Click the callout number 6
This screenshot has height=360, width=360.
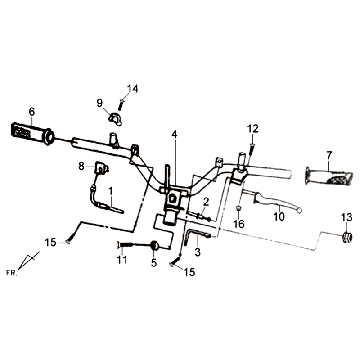click(32, 112)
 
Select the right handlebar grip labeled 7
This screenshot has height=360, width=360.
click(328, 176)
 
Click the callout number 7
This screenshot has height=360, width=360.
click(329, 155)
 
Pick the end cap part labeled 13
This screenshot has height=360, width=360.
click(347, 238)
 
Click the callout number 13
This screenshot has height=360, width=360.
click(346, 218)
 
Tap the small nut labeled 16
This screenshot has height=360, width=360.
click(239, 209)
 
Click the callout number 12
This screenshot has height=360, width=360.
click(253, 128)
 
